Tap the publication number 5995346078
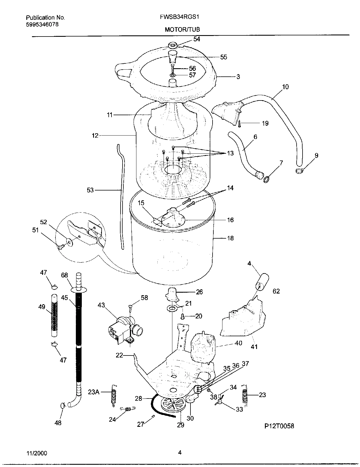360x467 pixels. pyautogui.click(x=42, y=24)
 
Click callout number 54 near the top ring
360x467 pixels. pyautogui.click(x=197, y=39)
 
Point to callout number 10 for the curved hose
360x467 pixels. pyautogui.click(x=285, y=87)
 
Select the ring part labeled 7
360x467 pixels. pyautogui.click(x=266, y=179)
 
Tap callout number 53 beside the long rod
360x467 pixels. pyautogui.click(x=90, y=190)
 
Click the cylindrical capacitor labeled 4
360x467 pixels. pyautogui.click(x=262, y=280)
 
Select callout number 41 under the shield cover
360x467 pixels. pyautogui.click(x=254, y=346)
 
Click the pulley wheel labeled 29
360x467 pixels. pyautogui.click(x=172, y=407)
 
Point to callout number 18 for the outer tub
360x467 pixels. pyautogui.click(x=230, y=238)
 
